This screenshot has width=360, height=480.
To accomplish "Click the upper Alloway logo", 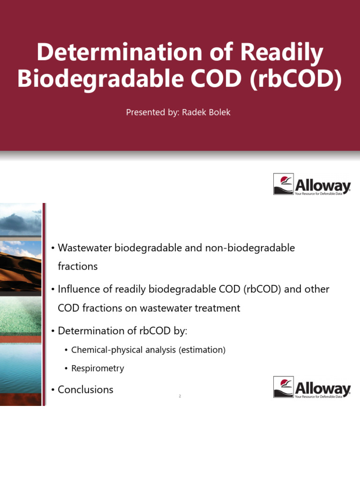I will tap(312, 184).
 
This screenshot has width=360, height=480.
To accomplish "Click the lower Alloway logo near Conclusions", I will tap(312, 387).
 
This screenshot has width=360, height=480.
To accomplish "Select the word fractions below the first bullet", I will tap(78, 266).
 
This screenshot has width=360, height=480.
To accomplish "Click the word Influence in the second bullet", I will tap(78, 289).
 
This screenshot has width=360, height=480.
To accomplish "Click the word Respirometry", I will tap(97, 368).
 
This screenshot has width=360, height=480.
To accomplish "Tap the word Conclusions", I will tap(85, 390).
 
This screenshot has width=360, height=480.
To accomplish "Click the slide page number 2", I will tap(180, 397).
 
